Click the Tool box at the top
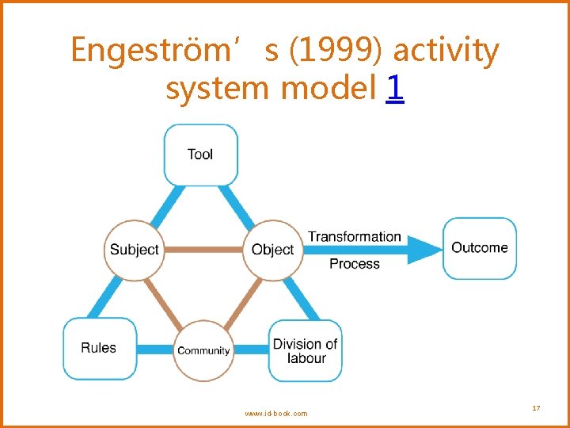200,155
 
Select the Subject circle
134,250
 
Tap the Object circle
272,250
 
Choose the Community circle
203,350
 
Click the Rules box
100,348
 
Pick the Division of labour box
306,350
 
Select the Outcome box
479,248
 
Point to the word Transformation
354,236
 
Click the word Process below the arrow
354,264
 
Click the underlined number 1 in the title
395,89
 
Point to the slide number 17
536,408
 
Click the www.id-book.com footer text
276,413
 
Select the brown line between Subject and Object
203,250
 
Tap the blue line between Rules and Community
155,349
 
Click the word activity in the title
446,50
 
